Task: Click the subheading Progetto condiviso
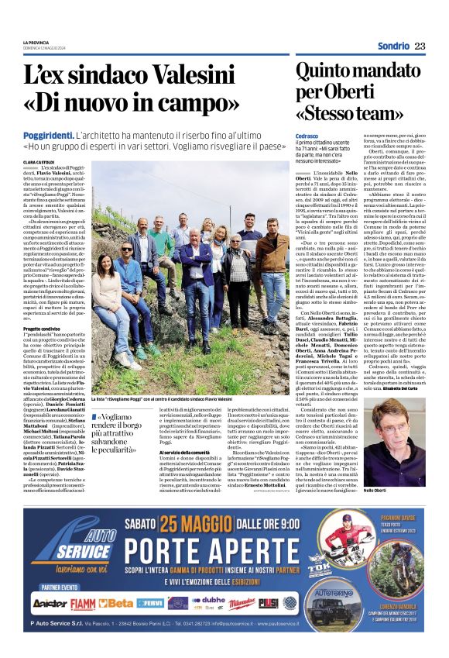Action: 43,328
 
